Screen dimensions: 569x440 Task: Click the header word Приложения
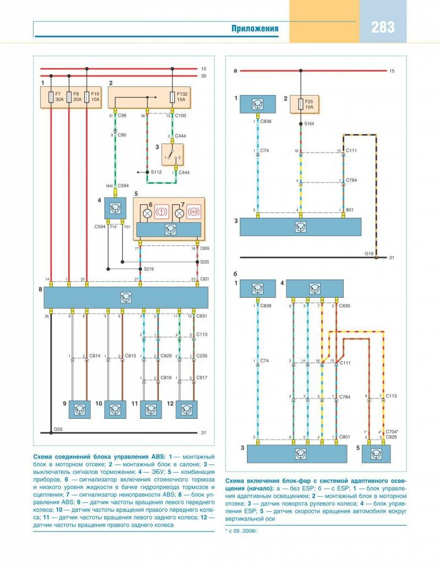pyautogui.click(x=254, y=29)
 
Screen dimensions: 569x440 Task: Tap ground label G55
pyautogui.click(x=58, y=428)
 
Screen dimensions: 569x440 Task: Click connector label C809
pyautogui.click(x=205, y=248)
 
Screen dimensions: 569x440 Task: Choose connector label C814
pyautogui.click(x=96, y=356)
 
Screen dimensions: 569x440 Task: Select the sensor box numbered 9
pyautogui.click(x=81, y=409)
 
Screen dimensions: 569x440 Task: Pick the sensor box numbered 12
pyautogui.click(x=187, y=409)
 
